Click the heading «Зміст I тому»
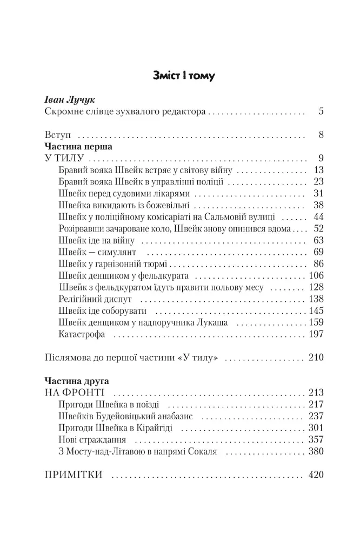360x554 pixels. coord(183,75)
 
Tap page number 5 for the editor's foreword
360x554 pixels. coord(321,113)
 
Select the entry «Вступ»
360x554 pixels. coord(57,135)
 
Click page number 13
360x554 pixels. coord(318,171)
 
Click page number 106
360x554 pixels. coord(316,275)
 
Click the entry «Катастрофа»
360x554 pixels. coord(82,334)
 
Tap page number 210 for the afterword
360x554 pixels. coord(316,358)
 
